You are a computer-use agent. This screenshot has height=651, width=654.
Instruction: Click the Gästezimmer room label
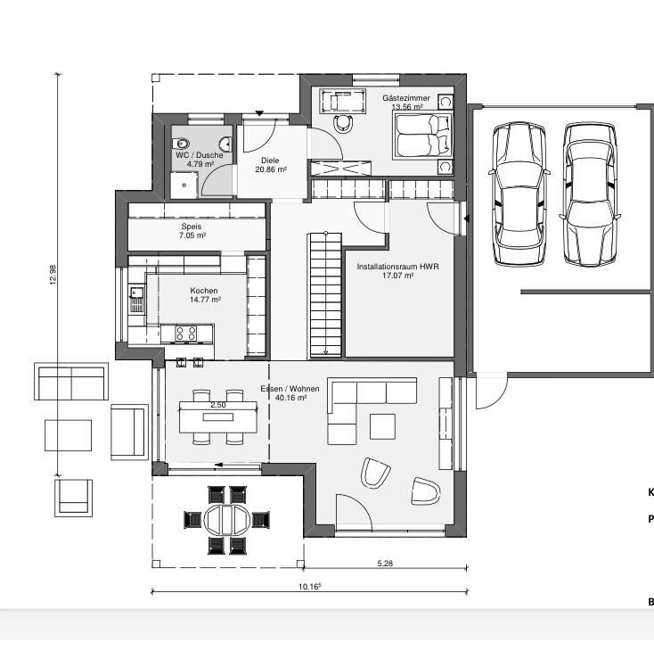(x=405, y=98)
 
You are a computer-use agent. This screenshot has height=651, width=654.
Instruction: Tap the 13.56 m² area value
(x=407, y=107)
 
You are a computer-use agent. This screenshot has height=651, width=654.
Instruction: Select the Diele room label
(x=270, y=161)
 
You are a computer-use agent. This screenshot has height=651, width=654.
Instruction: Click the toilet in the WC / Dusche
(x=181, y=144)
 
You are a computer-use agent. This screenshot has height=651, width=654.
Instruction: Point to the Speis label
(x=192, y=227)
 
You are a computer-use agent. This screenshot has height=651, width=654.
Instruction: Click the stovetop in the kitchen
(x=186, y=334)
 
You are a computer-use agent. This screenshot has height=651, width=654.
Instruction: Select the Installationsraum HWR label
(x=398, y=267)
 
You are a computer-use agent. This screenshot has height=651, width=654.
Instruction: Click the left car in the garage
(x=519, y=194)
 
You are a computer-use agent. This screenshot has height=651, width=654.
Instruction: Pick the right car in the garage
(x=590, y=194)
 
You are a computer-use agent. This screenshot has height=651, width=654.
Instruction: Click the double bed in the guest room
(x=423, y=136)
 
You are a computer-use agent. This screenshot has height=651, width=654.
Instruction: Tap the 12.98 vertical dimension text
(x=53, y=275)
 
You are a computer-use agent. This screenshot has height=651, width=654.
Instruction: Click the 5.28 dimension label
(x=385, y=564)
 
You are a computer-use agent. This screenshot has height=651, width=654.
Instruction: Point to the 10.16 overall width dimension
(x=309, y=586)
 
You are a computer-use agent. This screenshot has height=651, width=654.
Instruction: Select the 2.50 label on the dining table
(x=218, y=405)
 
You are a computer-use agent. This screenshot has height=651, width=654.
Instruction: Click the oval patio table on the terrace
(x=227, y=520)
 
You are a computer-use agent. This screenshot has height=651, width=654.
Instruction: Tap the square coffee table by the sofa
(x=382, y=426)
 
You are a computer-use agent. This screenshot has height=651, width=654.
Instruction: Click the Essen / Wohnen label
(x=290, y=389)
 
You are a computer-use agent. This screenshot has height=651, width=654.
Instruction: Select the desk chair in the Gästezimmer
(x=344, y=124)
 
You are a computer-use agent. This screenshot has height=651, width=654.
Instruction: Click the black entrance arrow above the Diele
(x=259, y=113)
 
